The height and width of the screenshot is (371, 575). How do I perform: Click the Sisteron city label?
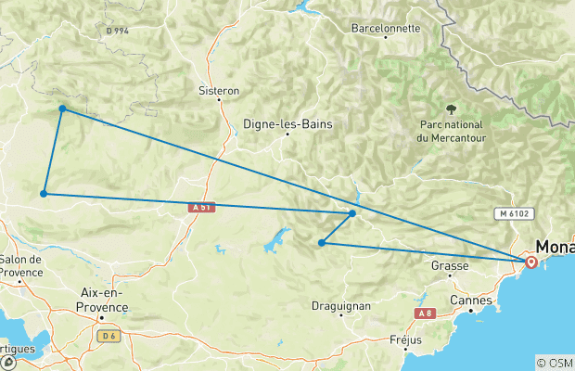tap(219, 92)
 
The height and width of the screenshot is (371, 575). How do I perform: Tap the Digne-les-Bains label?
tap(287, 123)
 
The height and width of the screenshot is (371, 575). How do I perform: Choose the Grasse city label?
tap(450, 265)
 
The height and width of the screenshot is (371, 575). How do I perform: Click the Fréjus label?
tap(406, 339)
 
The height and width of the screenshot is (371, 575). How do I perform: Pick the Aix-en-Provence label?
tap(102, 298)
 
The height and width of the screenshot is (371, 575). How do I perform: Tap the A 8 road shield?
tap(425, 314)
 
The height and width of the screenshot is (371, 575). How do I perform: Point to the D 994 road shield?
tap(117, 31)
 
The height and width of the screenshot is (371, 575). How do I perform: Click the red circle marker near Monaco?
tap(530, 262)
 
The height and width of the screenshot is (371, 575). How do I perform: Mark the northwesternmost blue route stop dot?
tap(62, 109)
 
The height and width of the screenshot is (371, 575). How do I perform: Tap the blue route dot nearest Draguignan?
tap(321, 243)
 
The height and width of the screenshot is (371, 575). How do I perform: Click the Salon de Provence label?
tap(22, 265)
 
